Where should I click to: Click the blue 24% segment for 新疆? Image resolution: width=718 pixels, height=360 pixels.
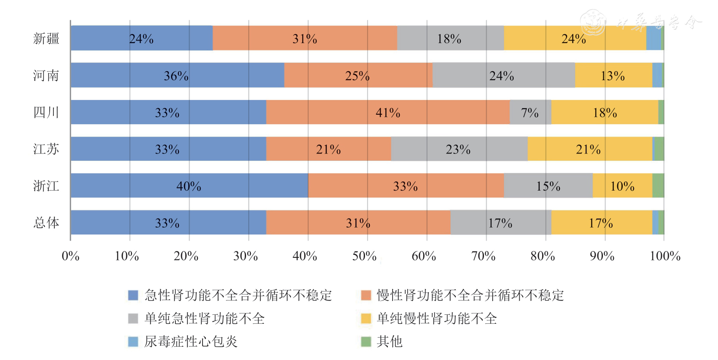pyautogui.click(x=141, y=38)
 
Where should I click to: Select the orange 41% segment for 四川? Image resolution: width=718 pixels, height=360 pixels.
pyautogui.click(x=388, y=113)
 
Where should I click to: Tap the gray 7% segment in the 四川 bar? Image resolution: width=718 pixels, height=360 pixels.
pyautogui.click(x=530, y=113)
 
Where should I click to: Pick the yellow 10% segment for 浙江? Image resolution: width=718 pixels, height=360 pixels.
pyautogui.click(x=622, y=186)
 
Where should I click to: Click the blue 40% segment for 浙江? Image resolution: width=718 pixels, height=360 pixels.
pyautogui.click(x=189, y=186)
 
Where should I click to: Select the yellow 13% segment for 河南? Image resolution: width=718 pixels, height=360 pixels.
pyautogui.click(x=613, y=75)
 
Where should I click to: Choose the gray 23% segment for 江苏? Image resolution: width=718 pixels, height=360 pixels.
pyautogui.click(x=459, y=149)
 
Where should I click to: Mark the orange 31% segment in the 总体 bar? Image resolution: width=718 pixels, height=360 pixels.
pyautogui.click(x=358, y=222)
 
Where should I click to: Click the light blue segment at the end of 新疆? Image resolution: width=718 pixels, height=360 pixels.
pyautogui.click(x=653, y=38)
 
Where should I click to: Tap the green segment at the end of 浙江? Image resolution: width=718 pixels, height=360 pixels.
pyautogui.click(x=658, y=186)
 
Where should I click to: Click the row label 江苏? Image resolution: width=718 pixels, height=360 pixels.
pyautogui.click(x=46, y=149)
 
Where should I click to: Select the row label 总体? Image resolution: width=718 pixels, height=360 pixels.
pyautogui.click(x=46, y=222)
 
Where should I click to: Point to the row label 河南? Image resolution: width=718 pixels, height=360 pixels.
pyautogui.click(x=46, y=75)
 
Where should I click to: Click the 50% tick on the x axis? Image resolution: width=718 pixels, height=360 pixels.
pyautogui.click(x=364, y=256)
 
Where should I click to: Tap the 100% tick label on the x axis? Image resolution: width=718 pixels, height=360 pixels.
pyautogui.click(x=665, y=256)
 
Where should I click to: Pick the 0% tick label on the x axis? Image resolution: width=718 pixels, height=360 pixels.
pyautogui.click(x=70, y=256)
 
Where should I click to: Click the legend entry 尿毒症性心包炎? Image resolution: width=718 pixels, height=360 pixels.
pyautogui.click(x=190, y=341)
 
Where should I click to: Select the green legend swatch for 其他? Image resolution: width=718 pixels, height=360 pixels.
pyautogui.click(x=366, y=341)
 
